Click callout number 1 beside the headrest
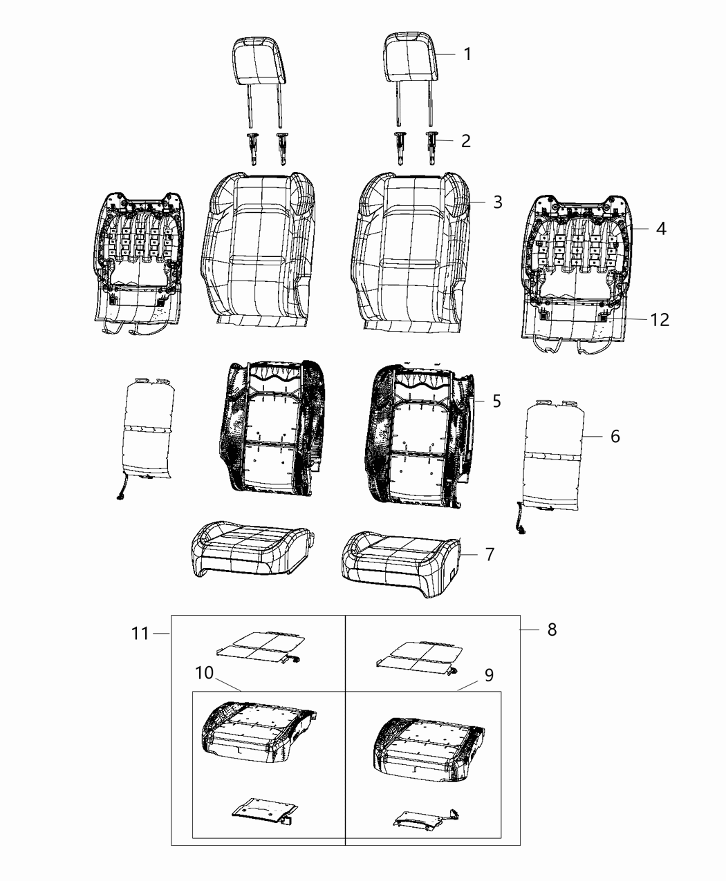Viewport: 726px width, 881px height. coord(467,54)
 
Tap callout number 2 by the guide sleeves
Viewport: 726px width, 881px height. coord(466,141)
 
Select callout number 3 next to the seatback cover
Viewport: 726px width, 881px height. coord(498,202)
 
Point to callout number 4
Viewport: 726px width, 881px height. coord(661,229)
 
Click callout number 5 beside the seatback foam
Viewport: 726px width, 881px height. coord(496,401)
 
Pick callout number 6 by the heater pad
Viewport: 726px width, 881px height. coord(615,436)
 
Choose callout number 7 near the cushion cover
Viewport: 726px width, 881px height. coord(490,554)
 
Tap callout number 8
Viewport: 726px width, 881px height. coord(552,629)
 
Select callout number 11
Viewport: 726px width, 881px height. coord(140,633)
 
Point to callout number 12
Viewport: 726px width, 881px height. coord(660,319)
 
